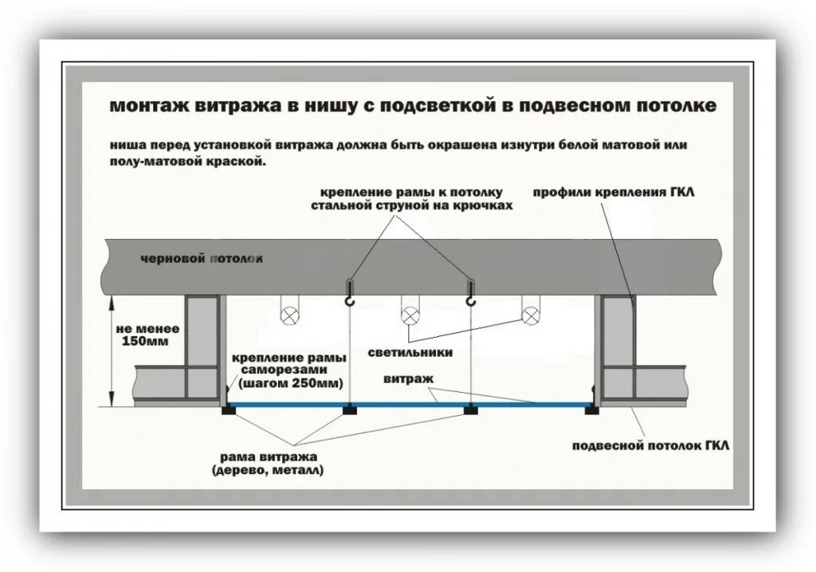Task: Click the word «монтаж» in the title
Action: pyautogui.click(x=149, y=105)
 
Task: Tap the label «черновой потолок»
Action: pyautogui.click(x=201, y=260)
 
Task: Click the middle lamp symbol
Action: pyautogui.click(x=411, y=315)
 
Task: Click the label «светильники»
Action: pyautogui.click(x=410, y=352)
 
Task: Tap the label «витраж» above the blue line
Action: pyautogui.click(x=408, y=380)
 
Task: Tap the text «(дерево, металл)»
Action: pyautogui.click(x=269, y=471)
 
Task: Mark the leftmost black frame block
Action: pyautogui.click(x=228, y=409)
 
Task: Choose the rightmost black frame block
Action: pyautogui.click(x=590, y=409)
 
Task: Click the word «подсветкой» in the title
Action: pyautogui.click(x=430, y=105)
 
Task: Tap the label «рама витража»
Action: pyautogui.click(x=269, y=456)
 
